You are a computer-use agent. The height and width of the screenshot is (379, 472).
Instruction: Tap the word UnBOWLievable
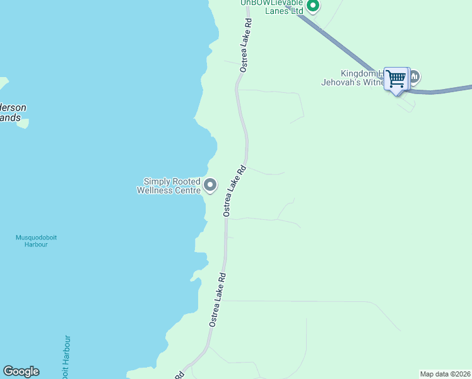(x=271, y=3)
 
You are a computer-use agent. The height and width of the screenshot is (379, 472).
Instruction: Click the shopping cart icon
(x=396, y=79)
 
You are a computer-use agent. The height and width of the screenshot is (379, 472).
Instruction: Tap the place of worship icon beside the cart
(x=415, y=78)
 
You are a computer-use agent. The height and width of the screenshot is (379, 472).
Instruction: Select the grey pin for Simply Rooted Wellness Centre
(x=210, y=186)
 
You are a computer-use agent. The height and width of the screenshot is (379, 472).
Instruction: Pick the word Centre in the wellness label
(x=189, y=190)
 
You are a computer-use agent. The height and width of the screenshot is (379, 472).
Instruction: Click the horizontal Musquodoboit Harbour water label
(x=36, y=241)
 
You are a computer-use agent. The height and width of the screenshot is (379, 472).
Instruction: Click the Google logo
(x=21, y=371)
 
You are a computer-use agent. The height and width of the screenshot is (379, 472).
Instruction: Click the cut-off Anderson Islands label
(x=13, y=112)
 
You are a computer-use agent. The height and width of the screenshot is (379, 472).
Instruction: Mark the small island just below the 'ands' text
(x=23, y=124)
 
